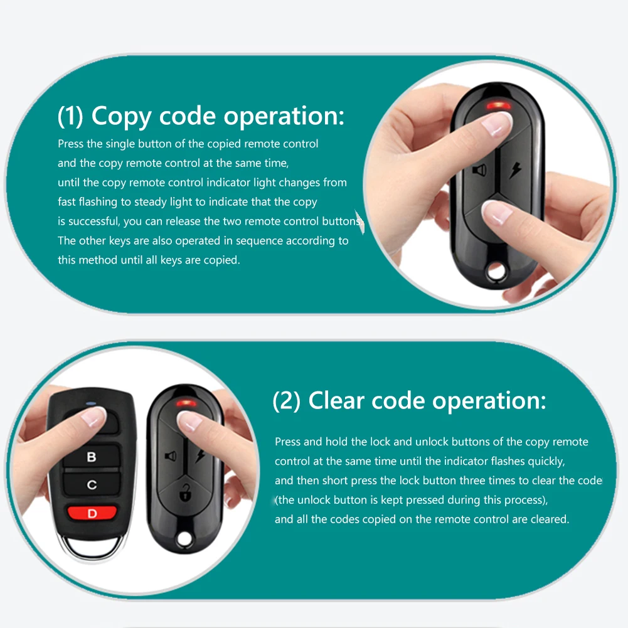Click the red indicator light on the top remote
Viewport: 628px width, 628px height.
[498, 105]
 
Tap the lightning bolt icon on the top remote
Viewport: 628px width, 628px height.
[515, 170]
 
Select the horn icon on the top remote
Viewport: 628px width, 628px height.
[480, 170]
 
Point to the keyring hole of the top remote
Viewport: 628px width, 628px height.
[496, 272]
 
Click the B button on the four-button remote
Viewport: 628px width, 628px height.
[92, 456]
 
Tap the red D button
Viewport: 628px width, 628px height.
[92, 513]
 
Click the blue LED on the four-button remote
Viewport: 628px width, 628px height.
[91, 403]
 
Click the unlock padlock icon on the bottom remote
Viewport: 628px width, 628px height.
[184, 492]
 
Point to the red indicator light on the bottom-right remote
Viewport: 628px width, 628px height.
[186, 403]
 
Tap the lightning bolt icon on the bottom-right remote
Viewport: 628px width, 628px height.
[200, 455]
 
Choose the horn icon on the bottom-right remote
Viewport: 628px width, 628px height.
[171, 455]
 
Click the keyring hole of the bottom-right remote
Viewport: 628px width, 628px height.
[184, 539]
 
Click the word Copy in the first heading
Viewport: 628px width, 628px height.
[122, 117]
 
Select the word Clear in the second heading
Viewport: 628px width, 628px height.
[336, 400]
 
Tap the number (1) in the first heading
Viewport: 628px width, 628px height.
[70, 116]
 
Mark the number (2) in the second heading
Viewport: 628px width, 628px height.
[286, 401]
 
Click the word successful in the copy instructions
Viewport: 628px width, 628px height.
[93, 221]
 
